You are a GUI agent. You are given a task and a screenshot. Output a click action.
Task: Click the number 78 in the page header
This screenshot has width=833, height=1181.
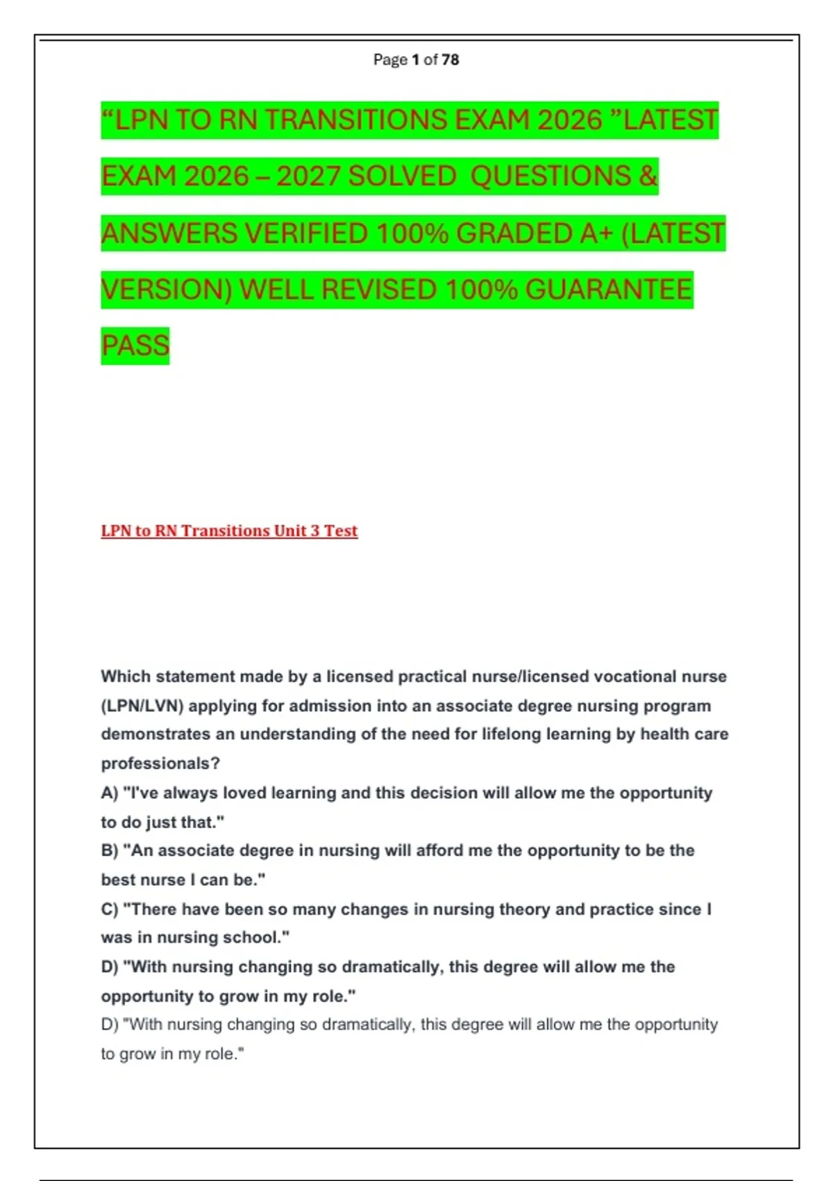click(x=450, y=60)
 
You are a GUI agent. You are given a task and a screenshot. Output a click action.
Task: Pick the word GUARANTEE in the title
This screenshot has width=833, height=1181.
click(x=609, y=290)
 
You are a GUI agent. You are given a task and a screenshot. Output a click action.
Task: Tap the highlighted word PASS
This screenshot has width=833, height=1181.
click(x=135, y=346)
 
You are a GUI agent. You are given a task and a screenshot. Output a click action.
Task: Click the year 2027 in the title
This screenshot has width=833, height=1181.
click(x=309, y=176)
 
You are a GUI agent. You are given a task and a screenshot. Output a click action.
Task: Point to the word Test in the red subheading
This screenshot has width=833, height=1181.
click(x=340, y=531)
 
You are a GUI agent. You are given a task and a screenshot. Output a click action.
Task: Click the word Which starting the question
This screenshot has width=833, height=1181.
click(x=126, y=677)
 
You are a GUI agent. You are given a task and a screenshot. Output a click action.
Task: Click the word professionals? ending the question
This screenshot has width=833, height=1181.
click(x=160, y=763)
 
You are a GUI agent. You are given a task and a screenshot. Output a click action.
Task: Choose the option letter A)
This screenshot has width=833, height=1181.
click(x=110, y=793)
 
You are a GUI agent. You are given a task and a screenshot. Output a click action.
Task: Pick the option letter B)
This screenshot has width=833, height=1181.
click(x=110, y=851)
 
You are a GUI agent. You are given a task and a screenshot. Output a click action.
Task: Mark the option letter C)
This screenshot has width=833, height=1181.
click(x=110, y=909)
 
